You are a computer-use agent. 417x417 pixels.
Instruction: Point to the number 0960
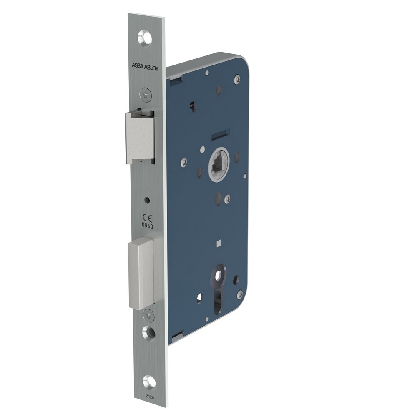(x=148, y=225)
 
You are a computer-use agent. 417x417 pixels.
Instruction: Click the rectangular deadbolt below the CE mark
(x=141, y=273)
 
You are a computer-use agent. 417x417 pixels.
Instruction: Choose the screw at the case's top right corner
(x=237, y=78)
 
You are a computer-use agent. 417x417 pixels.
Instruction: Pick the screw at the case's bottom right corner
(x=239, y=294)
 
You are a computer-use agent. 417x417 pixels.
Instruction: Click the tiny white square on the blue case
(x=219, y=242)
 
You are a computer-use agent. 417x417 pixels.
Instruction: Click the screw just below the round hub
(x=227, y=199)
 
